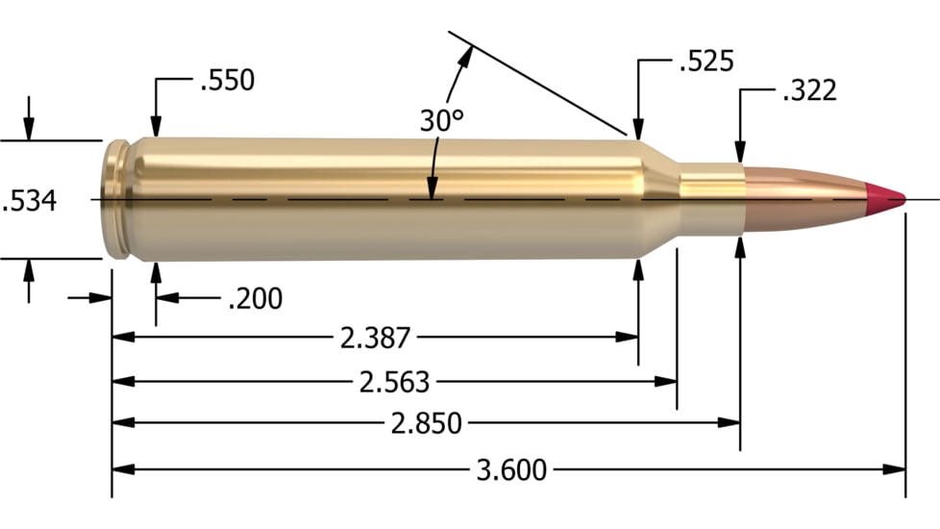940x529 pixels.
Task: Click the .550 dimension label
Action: (227, 81)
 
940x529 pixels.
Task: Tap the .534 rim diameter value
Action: (30, 201)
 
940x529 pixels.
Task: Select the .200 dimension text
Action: (255, 299)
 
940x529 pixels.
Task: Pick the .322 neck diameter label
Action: (809, 91)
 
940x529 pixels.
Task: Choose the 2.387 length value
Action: (375, 338)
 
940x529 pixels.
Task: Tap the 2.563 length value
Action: (394, 381)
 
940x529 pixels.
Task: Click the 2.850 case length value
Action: (428, 423)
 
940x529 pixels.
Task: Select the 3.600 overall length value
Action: (511, 470)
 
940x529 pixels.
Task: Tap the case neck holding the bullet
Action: (711, 198)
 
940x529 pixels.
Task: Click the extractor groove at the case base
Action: (121, 200)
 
